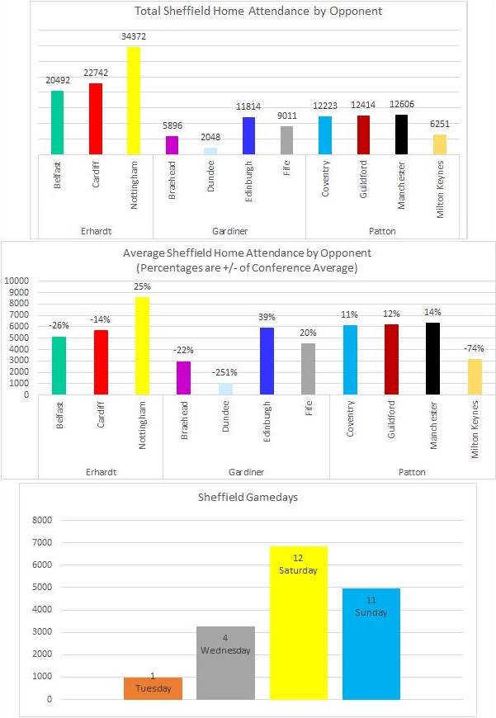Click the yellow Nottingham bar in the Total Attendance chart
pos(133,101)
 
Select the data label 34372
pos(133,40)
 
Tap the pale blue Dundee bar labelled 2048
pos(210,150)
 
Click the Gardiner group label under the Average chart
pos(246,472)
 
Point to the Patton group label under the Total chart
pos(381,231)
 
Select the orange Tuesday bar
pos(153,688)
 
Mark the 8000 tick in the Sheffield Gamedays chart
pos(41,520)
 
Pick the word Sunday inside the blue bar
pos(371,613)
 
